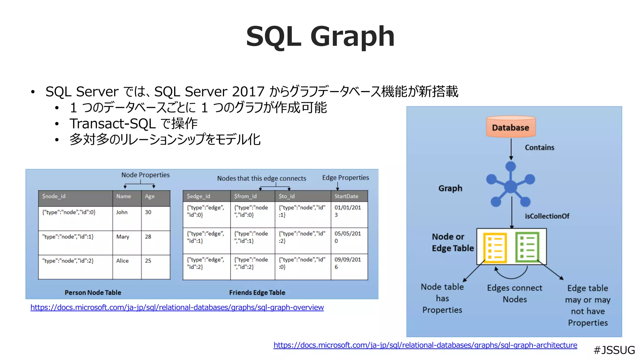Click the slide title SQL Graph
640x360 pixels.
320,37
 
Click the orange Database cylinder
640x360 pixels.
511,127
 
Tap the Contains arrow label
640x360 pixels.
539,147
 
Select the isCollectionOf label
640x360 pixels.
547,216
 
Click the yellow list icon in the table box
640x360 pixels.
495,247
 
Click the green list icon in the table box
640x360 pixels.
527,247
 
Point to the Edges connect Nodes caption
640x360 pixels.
514,293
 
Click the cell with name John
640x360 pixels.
122,212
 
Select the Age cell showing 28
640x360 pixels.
148,237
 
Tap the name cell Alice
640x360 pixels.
122,261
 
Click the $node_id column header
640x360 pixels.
54,196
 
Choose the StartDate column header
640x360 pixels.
346,196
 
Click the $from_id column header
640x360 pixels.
245,196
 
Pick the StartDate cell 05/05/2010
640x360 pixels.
347,237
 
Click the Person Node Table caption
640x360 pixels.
93,292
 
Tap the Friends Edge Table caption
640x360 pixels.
257,292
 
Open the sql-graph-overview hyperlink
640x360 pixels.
177,307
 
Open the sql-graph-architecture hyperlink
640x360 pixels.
425,345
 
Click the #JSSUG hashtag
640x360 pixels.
614,350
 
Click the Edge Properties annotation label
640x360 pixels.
345,177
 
